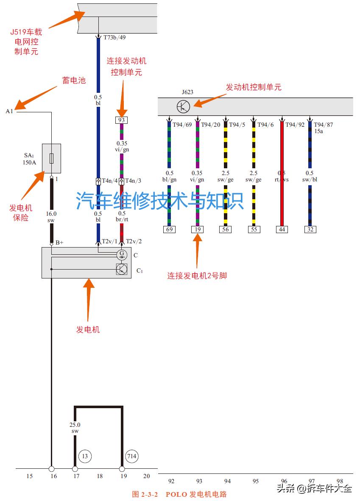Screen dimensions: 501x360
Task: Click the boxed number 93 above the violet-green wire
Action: coord(121,120)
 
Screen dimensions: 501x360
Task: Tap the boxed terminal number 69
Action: coord(169,230)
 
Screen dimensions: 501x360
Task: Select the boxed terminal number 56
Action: coord(225,230)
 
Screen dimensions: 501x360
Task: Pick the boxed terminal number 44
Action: coord(282,230)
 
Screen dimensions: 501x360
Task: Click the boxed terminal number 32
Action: coord(310,230)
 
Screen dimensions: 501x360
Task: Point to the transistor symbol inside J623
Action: coord(183,106)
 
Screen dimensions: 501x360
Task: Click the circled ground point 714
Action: coord(131,456)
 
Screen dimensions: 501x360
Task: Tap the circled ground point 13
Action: coord(85,456)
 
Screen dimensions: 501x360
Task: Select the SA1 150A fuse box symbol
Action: coord(51,159)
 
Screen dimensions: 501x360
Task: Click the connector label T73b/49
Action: coord(114,37)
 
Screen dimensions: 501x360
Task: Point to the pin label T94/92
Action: coord(295,125)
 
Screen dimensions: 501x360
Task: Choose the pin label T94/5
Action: coord(237,125)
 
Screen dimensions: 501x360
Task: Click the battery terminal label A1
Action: coord(9,111)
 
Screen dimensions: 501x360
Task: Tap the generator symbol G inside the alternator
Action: coord(122,255)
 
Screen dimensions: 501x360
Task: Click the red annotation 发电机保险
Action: coord(21,213)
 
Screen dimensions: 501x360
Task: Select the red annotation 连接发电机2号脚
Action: coord(197,276)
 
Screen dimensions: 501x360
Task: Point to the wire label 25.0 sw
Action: coord(75,427)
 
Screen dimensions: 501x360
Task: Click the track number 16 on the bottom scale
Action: coord(53,476)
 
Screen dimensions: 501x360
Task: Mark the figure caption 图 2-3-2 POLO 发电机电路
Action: coord(179,494)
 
